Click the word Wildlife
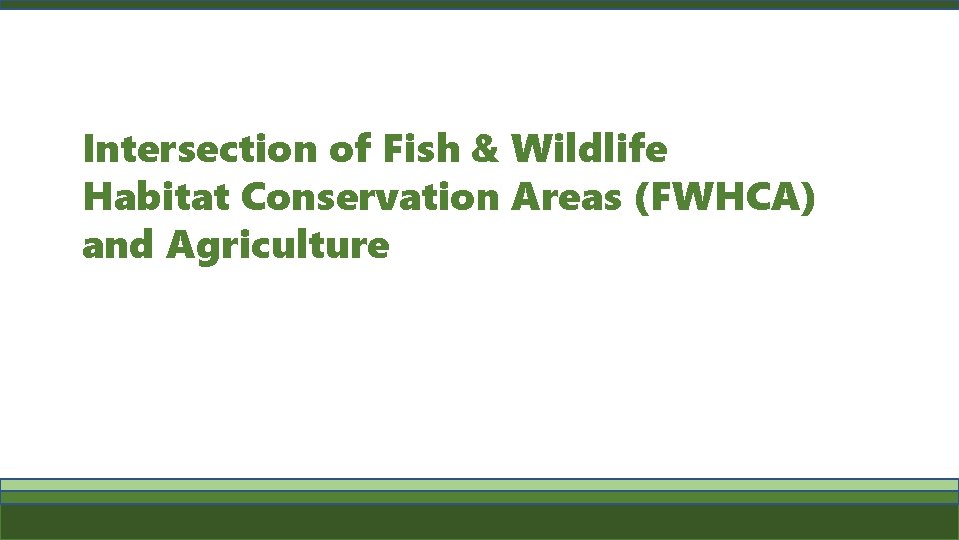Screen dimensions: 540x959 589,150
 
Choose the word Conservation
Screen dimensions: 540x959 370,197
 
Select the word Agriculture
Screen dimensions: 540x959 277,245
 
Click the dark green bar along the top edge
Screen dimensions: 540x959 479,4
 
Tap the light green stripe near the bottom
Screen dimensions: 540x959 479,484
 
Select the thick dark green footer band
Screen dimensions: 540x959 479,522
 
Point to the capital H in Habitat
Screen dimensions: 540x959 98,197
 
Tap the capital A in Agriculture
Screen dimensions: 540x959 182,244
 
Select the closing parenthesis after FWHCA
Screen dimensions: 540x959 809,198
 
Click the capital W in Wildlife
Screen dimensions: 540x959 531,150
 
